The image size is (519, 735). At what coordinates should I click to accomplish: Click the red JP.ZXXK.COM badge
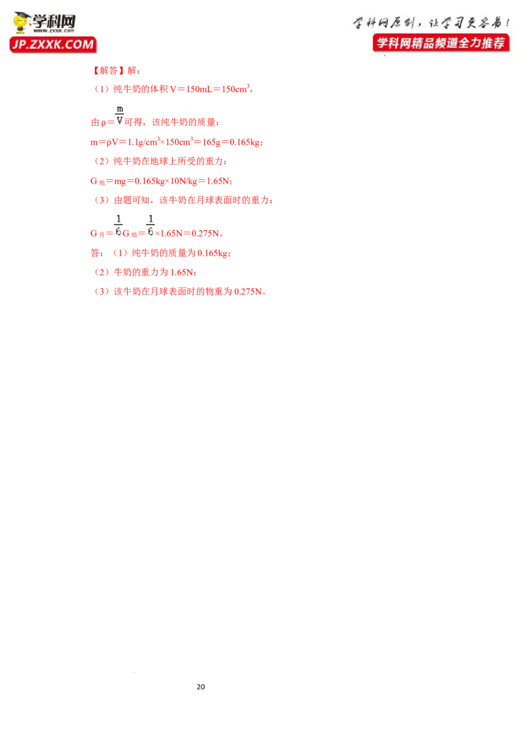coord(53,45)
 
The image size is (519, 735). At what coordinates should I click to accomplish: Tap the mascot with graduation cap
coord(21,23)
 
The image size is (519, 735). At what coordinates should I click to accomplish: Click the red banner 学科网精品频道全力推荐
coord(441,43)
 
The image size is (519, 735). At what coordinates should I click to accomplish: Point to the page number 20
coord(200,687)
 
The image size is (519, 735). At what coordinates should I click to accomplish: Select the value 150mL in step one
coord(200,89)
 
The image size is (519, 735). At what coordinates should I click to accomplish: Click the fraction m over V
coord(120,115)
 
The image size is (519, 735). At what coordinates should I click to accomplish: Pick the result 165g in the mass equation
coord(211,142)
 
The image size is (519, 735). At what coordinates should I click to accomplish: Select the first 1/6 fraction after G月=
coord(119,225)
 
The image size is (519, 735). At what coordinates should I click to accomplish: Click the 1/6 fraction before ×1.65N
coord(151,225)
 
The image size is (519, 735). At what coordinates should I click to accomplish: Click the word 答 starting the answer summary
coord(95,253)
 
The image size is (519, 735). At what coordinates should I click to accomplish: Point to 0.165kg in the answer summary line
coord(213,253)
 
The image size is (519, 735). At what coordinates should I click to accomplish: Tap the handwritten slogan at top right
coord(431,23)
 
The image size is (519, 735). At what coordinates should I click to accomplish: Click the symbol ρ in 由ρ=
coord(104,123)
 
